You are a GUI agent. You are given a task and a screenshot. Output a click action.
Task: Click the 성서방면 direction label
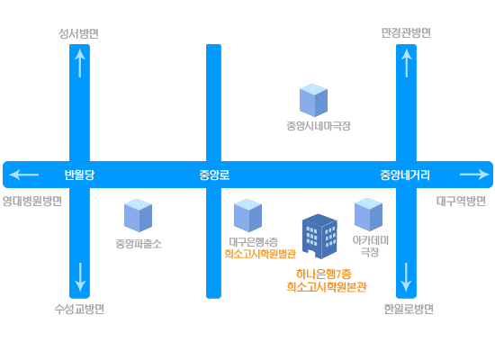click(79, 33)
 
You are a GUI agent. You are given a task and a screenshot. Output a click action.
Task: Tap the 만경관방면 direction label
click(406, 32)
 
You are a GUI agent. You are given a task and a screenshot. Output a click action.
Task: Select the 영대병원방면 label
click(32, 202)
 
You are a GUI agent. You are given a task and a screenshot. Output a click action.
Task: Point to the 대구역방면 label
click(461, 202)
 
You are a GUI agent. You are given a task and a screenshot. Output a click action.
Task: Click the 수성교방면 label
click(79, 310)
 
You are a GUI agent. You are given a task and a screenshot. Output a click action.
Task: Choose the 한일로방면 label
click(409, 310)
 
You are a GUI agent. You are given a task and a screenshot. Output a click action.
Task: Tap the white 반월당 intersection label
click(79, 175)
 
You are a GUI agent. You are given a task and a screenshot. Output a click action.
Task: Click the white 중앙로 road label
click(214, 175)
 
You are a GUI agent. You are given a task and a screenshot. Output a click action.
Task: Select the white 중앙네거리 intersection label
click(405, 175)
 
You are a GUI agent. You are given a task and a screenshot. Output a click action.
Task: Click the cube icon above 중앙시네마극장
click(313, 100)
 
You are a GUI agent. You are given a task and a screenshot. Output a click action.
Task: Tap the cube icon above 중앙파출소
click(138, 215)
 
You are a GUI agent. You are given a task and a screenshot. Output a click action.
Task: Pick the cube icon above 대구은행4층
click(247, 215)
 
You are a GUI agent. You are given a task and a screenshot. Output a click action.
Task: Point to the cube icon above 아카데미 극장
click(368, 214)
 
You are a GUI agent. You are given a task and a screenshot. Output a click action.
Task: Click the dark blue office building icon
click(319, 237)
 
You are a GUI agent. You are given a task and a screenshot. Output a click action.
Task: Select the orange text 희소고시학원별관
click(260, 254)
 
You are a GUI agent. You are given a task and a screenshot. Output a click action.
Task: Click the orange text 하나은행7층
click(324, 274)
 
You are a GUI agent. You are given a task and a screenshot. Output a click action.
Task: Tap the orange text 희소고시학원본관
click(327, 287)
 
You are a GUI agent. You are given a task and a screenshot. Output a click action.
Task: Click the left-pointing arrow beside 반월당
click(24, 175)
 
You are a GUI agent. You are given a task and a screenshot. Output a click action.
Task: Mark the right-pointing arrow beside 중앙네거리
click(474, 175)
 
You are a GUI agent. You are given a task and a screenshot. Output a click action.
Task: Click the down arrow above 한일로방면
click(406, 277)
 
